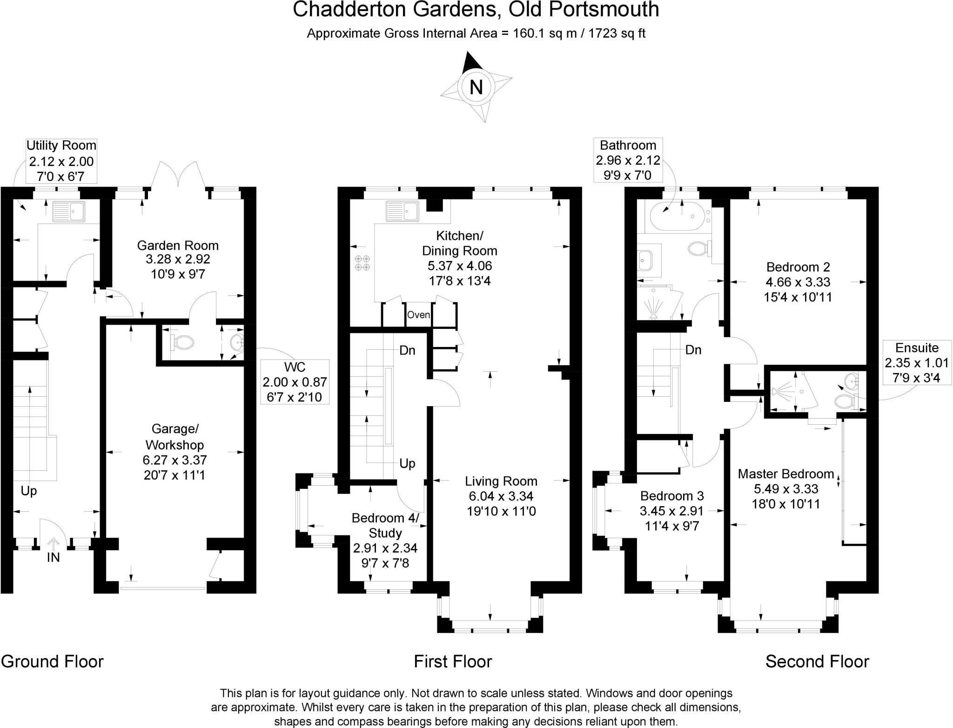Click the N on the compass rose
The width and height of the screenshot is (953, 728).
[x=476, y=87]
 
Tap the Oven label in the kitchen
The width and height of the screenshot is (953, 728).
[x=418, y=315]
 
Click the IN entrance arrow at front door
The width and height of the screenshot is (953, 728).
[x=54, y=545]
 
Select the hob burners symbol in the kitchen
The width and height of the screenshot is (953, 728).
[x=362, y=263]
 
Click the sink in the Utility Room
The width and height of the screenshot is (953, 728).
[x=68, y=211]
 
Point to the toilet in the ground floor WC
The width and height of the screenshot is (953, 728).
[x=182, y=342]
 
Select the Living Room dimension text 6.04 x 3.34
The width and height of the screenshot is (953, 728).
[x=501, y=496]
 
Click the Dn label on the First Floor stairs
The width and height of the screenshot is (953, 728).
[x=407, y=350]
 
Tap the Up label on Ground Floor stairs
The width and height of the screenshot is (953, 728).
[x=29, y=491]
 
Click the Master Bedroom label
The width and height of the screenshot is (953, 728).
[x=785, y=474]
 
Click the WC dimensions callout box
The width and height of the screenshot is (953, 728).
[x=295, y=382]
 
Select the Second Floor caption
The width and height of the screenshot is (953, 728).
[x=817, y=661]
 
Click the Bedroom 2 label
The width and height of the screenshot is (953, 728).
[x=798, y=267]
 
